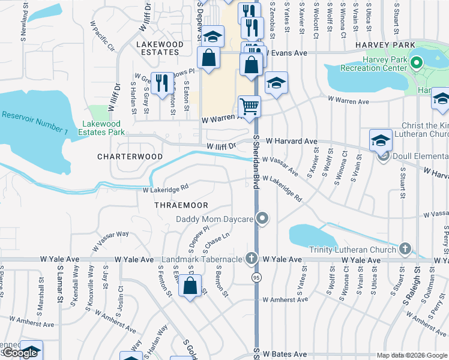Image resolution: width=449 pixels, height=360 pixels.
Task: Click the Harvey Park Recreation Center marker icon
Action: pyautogui.click(x=415, y=61)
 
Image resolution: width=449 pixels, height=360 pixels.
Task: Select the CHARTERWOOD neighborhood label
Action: pyautogui.click(x=130, y=156)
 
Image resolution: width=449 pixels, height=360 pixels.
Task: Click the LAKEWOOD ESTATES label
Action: pyautogui.click(x=160, y=49)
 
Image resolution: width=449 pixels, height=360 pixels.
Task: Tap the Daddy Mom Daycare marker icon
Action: pyautogui.click(x=262, y=219)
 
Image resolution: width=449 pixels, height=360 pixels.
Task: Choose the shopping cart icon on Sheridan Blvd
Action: pyautogui.click(x=249, y=107)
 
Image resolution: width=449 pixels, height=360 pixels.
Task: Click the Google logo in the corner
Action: pyautogui.click(x=20, y=353)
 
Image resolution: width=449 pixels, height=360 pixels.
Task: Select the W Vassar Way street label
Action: pyautogui.click(x=110, y=241)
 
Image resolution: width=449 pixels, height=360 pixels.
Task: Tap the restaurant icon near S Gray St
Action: pyautogui.click(x=161, y=82)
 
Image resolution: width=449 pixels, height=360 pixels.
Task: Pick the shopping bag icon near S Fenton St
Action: pyautogui.click(x=190, y=287)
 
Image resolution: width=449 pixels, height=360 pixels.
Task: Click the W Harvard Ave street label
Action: pyautogui.click(x=292, y=141)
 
